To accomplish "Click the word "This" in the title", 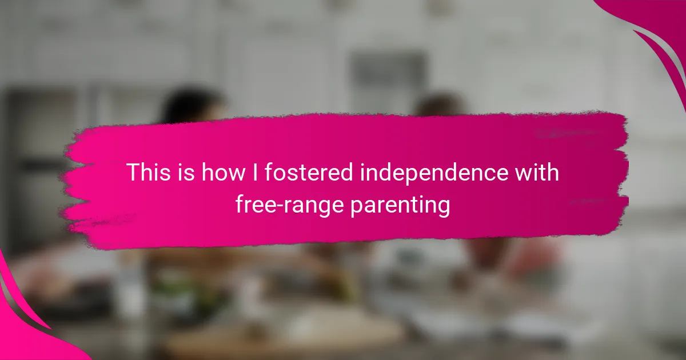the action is click(149, 172).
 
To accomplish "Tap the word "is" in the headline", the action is click(186, 172).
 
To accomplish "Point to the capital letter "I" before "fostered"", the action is click(255, 172).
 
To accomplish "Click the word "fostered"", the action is click(309, 172).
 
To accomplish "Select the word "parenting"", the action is click(400, 206).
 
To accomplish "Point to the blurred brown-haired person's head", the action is click(441, 106).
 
